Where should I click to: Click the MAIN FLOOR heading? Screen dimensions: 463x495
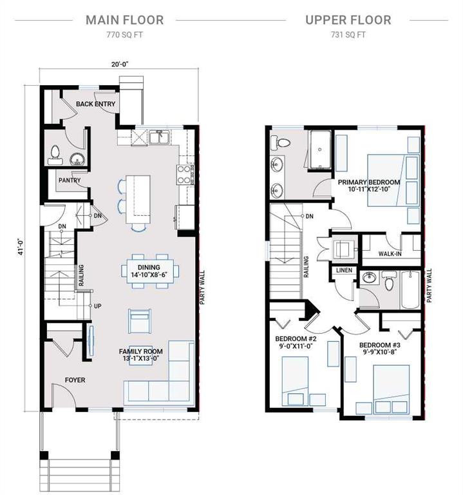point(124,20)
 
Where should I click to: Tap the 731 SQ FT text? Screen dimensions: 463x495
point(348,35)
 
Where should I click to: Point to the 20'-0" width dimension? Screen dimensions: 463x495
point(120,64)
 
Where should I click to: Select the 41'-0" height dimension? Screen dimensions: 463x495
point(21,247)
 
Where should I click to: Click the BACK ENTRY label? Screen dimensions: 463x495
point(95,104)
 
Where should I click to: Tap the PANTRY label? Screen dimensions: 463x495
point(70,180)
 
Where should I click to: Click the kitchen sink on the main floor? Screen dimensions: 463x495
point(160,137)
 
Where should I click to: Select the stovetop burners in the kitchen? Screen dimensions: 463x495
point(184,175)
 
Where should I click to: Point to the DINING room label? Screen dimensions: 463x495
point(149,267)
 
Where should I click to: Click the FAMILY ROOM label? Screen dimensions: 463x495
point(140,351)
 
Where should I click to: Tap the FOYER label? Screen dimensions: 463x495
point(75,380)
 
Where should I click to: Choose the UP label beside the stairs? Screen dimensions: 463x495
point(98,306)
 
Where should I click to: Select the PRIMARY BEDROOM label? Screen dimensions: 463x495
point(369,182)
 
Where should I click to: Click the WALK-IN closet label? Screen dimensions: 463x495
point(390,253)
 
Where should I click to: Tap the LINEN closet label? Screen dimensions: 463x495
point(344,270)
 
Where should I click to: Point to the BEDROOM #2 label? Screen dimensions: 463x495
point(296,339)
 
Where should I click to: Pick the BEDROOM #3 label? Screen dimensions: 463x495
point(380,345)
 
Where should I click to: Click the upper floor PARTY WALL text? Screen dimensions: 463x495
point(429,286)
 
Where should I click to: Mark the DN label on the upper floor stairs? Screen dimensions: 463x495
point(309,217)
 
